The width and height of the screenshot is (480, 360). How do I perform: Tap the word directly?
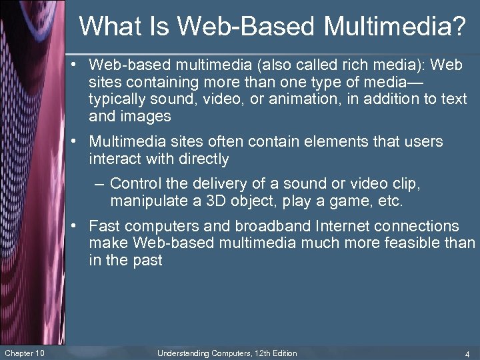click(203, 159)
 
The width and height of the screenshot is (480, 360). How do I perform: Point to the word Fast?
click(103, 227)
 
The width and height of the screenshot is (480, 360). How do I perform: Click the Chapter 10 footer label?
click(25, 353)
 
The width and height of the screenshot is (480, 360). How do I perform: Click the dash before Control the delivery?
click(99, 184)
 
